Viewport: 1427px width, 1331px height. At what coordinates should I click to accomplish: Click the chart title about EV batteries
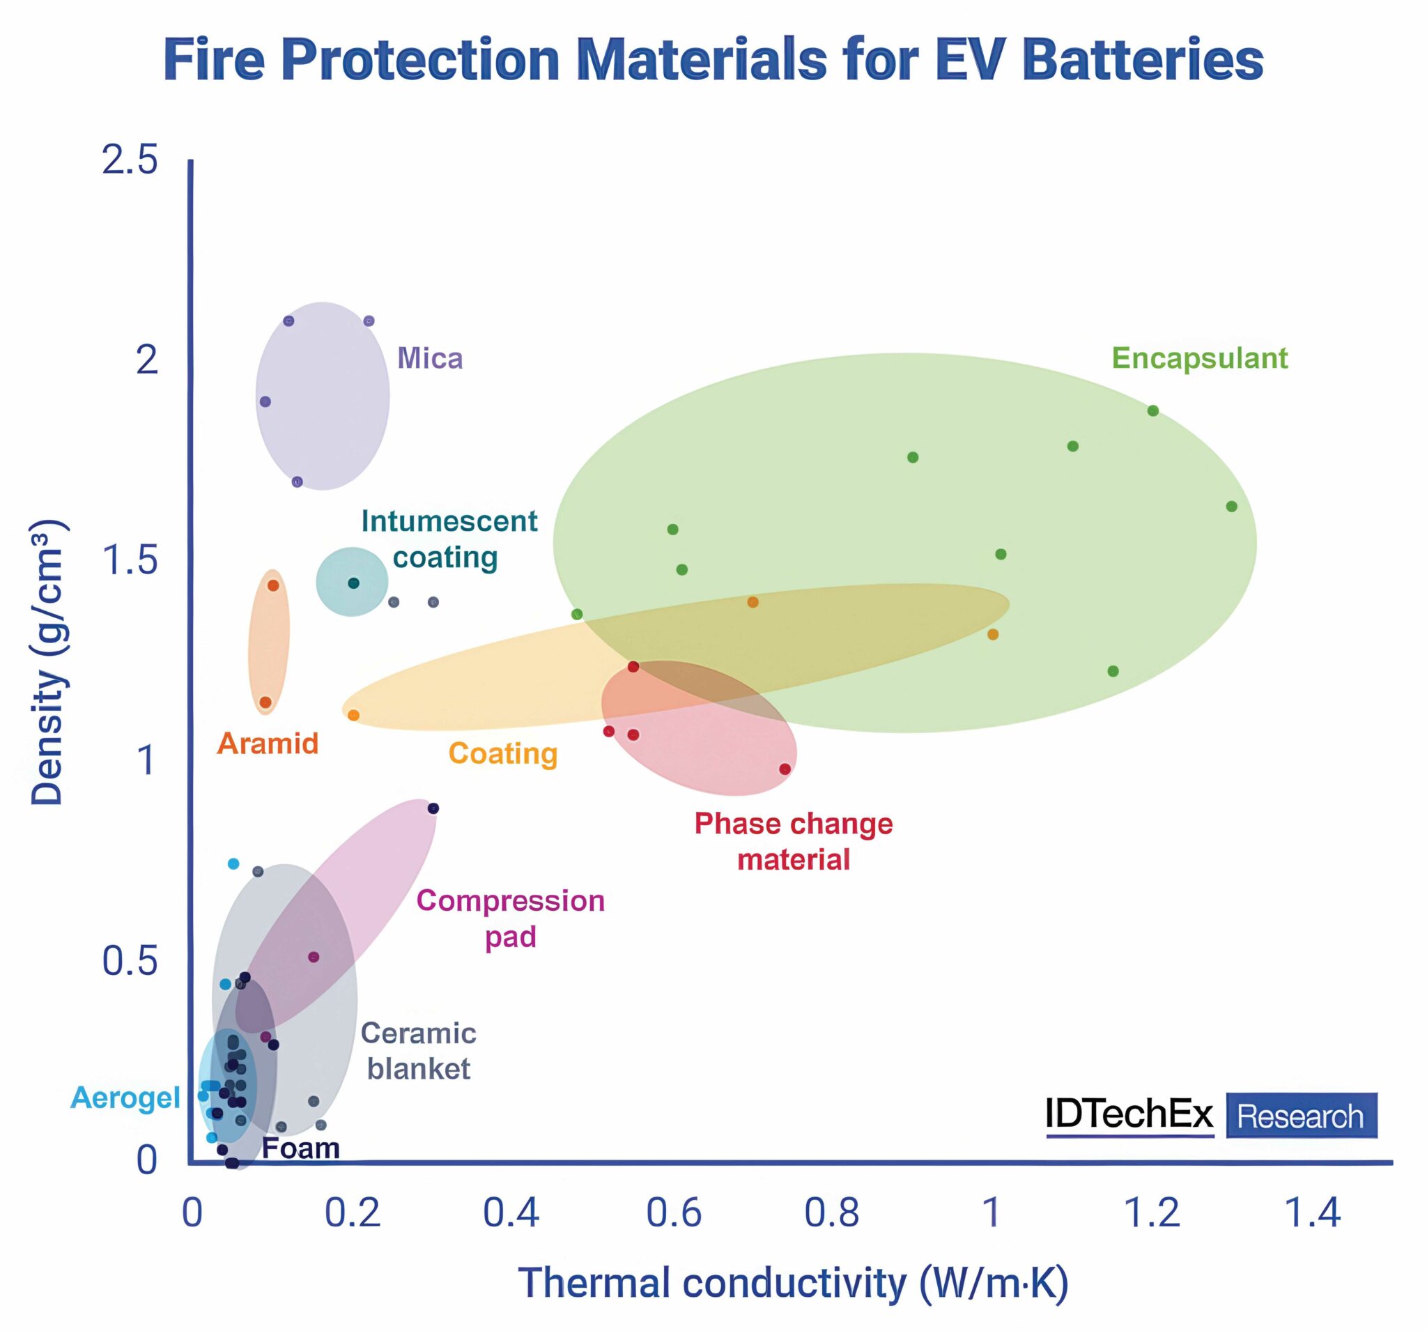pyautogui.click(x=713, y=60)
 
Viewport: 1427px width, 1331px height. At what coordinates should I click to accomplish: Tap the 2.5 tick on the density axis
pyautogui.click(x=129, y=160)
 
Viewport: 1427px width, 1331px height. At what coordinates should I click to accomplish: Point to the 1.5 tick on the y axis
pyautogui.click(x=130, y=560)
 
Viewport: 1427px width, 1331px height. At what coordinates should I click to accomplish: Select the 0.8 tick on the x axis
pyautogui.click(x=832, y=1213)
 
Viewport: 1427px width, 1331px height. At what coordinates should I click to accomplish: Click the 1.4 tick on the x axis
pyautogui.click(x=1311, y=1213)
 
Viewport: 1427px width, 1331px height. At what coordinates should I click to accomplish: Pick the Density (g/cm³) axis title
pyautogui.click(x=48, y=663)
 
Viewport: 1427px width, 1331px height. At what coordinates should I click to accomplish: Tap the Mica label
pyautogui.click(x=430, y=358)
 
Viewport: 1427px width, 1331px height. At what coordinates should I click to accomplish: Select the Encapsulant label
pyautogui.click(x=1199, y=358)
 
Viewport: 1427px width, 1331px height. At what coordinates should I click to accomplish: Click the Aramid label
pyautogui.click(x=268, y=744)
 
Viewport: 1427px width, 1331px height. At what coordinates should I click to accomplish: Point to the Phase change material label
pyautogui.click(x=793, y=841)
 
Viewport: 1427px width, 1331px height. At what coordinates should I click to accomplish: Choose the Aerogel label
pyautogui.click(x=125, y=1098)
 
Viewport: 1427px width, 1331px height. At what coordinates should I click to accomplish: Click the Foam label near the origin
pyautogui.click(x=301, y=1148)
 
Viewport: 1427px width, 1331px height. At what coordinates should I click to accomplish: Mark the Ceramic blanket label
pyautogui.click(x=419, y=1051)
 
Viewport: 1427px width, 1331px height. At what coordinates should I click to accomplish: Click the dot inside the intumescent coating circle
pyautogui.click(x=353, y=583)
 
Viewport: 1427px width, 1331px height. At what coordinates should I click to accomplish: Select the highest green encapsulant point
pyautogui.click(x=1152, y=410)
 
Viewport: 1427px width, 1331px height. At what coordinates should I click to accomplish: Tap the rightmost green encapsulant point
pyautogui.click(x=1232, y=506)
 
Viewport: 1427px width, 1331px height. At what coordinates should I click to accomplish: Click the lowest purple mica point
pyautogui.click(x=297, y=482)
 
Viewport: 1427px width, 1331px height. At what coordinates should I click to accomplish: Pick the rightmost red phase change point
pyautogui.click(x=785, y=769)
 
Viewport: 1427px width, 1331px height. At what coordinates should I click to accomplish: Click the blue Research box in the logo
pyautogui.click(x=1302, y=1116)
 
